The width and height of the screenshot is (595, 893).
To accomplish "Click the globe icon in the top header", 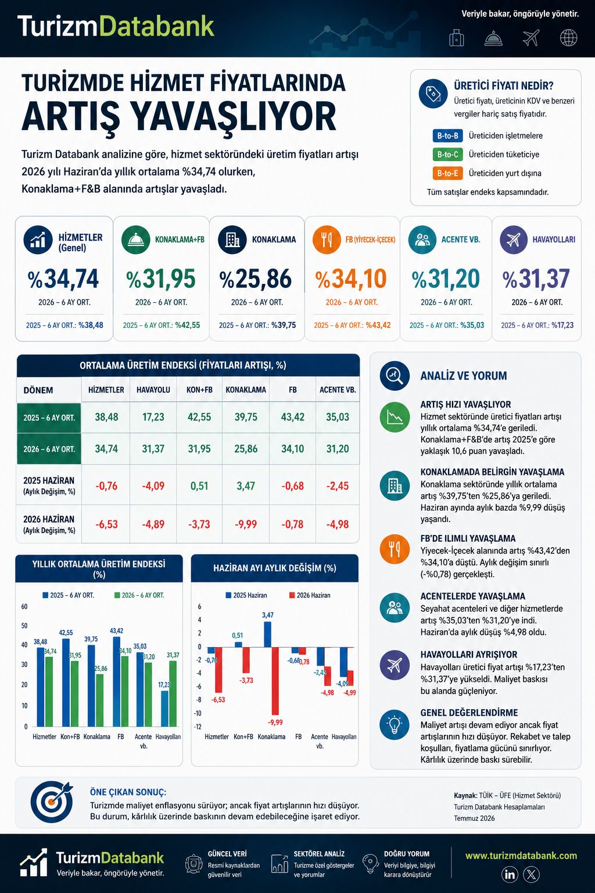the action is tap(568, 38).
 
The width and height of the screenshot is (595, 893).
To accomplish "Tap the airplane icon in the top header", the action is tap(531, 38).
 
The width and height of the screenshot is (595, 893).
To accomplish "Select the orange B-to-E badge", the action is tap(447, 173).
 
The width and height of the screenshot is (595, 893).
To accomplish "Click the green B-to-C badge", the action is tap(447, 154).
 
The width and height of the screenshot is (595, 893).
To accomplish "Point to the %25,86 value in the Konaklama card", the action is tap(256, 278).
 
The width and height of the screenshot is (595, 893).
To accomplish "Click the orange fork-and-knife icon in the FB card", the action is tap(327, 240).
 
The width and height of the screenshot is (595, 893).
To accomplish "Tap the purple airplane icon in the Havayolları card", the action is tap(514, 240).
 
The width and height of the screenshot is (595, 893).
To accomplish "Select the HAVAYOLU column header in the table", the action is tap(153, 390).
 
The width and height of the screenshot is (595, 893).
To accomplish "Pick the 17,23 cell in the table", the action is tap(153, 417).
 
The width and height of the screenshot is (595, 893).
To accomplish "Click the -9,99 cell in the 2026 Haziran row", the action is tap(245, 524).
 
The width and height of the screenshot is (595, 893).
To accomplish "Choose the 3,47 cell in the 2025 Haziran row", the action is tap(245, 485).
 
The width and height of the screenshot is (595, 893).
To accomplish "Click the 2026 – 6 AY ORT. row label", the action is tap(49, 449).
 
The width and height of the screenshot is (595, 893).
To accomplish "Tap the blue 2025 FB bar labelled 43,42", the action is tap(116, 681).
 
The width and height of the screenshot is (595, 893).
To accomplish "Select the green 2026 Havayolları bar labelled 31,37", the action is tap(173, 694).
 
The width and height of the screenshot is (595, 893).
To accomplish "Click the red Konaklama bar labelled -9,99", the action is tap(275, 681).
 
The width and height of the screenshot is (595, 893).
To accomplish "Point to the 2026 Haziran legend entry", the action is tap(310, 595).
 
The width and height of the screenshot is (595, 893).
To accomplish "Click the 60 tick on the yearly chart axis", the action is tap(24, 607).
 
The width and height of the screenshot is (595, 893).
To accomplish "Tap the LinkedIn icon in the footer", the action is tap(510, 874).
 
